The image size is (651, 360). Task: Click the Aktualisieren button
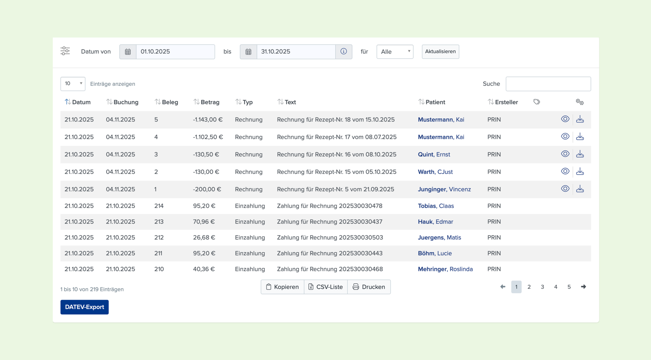[x=440, y=52]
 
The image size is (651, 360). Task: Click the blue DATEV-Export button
[x=84, y=307]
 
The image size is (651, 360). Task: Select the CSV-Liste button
[x=326, y=287]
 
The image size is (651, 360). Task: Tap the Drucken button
[x=369, y=287]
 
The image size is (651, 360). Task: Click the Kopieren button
[x=282, y=287]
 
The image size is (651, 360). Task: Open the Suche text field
[x=548, y=84]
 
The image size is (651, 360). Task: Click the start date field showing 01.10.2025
[x=175, y=52]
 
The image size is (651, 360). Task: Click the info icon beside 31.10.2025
[x=344, y=52]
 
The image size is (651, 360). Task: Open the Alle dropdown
[x=395, y=52]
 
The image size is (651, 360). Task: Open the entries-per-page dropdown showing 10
[x=73, y=84]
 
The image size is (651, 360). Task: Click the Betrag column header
[x=206, y=102]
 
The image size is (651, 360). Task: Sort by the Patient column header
[x=432, y=102]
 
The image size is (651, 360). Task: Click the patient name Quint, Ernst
[x=434, y=154]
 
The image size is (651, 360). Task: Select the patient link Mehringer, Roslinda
[x=445, y=269]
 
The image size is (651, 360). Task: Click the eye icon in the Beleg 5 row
[x=565, y=119]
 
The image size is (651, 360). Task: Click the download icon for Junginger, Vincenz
[x=580, y=189]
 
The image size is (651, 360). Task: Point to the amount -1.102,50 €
[x=208, y=137]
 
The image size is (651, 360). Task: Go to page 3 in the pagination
[x=542, y=287]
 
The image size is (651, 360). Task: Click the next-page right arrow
[x=584, y=287]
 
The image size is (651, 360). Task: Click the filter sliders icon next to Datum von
[x=65, y=51]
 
